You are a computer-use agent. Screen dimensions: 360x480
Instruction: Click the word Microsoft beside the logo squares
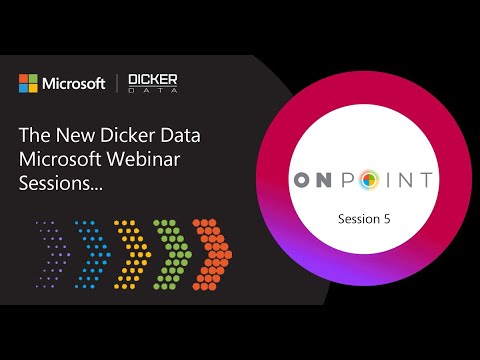73,83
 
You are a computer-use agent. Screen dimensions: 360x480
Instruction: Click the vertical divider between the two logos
119,83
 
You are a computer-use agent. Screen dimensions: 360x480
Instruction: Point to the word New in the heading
73,134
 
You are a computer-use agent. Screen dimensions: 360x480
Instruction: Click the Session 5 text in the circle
363,216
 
